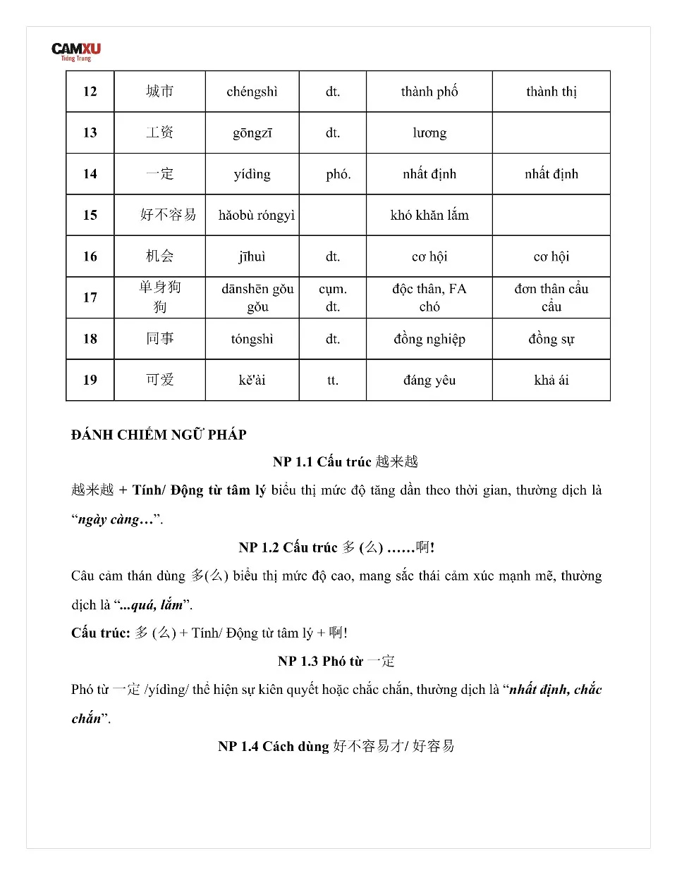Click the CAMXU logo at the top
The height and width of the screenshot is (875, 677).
tap(75, 51)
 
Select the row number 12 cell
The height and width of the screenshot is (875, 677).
tap(90, 92)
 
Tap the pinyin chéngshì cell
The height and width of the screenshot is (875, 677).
tap(252, 92)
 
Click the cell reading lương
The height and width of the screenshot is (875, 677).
tap(429, 132)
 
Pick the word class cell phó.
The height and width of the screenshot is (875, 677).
tap(338, 174)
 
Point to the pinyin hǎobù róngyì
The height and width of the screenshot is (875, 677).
tap(256, 215)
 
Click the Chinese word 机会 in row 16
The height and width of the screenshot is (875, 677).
tap(159, 256)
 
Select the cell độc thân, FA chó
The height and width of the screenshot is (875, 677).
tap(429, 297)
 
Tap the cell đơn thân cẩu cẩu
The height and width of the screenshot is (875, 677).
tap(551, 297)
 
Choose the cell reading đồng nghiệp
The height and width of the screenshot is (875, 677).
tap(429, 339)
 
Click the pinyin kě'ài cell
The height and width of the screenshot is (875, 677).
tap(252, 380)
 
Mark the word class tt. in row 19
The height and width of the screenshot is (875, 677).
tap(332, 380)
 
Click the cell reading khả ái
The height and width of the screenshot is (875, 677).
tap(551, 380)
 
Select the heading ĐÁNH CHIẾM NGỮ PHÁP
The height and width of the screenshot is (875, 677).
tap(159, 435)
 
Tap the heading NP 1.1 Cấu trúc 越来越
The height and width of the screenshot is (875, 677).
tap(345, 461)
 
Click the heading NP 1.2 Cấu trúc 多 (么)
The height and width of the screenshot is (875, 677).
tap(336, 547)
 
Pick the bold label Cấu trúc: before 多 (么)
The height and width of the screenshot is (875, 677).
tap(100, 633)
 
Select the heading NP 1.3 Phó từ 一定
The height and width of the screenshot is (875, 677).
tap(336, 661)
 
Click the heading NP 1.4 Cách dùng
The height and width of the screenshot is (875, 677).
tap(336, 746)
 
